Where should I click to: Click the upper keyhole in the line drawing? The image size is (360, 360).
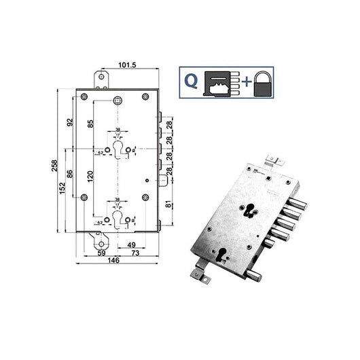pyautogui.click(x=120, y=149)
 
